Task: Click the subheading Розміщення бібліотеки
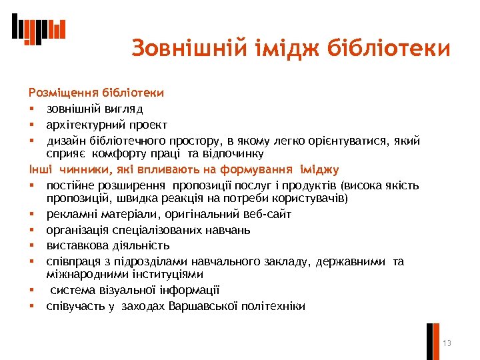pyautogui.click(x=96, y=92)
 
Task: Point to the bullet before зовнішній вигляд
pyautogui.click(x=31, y=109)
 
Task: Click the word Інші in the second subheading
pyautogui.click(x=39, y=169)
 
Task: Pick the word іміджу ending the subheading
pyautogui.click(x=319, y=169)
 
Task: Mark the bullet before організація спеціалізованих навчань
pyautogui.click(x=31, y=231)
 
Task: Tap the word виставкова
pyautogui.click(x=75, y=246)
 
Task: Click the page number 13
pyautogui.click(x=447, y=343)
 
